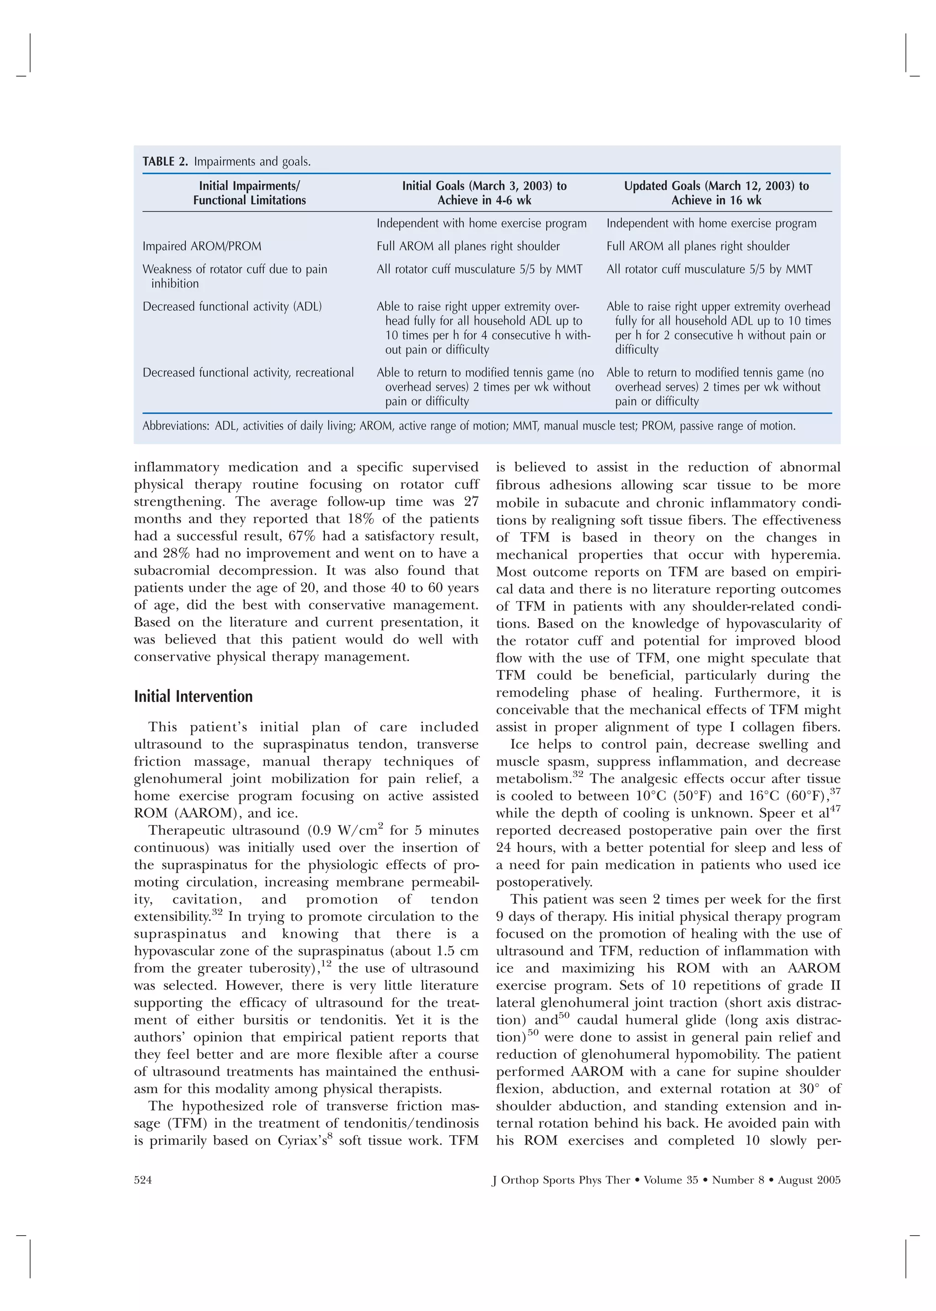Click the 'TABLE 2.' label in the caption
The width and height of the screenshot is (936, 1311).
coord(165,162)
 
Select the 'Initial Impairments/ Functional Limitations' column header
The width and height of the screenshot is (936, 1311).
coord(249,193)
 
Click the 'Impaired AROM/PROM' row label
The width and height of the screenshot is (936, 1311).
coord(202,247)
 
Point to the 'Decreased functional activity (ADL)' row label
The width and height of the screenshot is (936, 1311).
coord(232,307)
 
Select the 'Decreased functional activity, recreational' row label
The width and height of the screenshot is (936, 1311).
coord(248,373)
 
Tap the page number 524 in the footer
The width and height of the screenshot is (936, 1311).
coord(143,1179)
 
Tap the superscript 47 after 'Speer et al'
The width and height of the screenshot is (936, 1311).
coord(834,809)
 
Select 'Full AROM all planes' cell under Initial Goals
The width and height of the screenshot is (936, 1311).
coord(468,247)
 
